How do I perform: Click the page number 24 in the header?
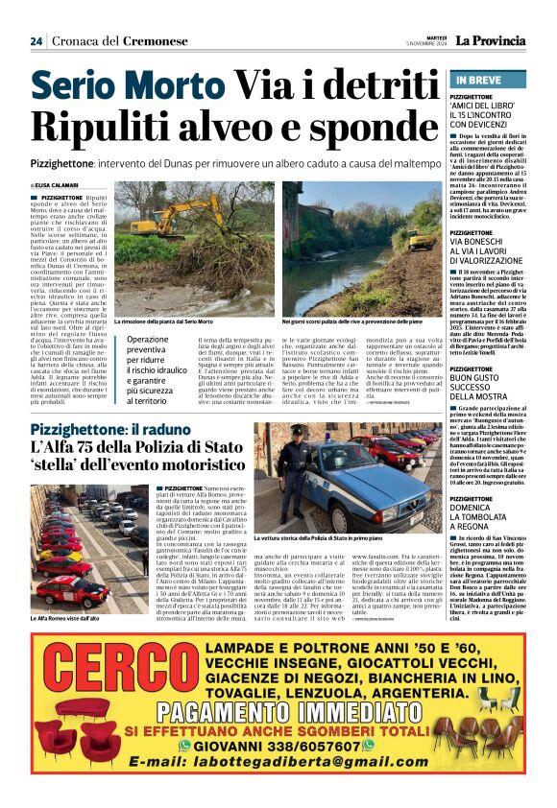pyautogui.click(x=36, y=41)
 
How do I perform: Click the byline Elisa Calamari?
pyautogui.click(x=59, y=185)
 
